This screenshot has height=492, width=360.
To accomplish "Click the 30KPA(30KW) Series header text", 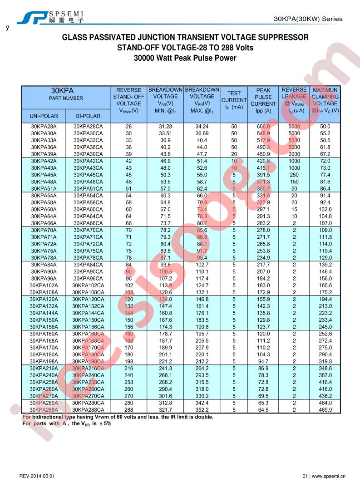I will point(309,19).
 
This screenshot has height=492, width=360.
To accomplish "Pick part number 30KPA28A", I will point(44,127).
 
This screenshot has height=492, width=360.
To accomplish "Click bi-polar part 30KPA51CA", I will point(88,188).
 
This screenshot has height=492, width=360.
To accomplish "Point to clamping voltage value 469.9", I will point(325,409).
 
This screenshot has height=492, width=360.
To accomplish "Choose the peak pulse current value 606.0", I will point(263,127).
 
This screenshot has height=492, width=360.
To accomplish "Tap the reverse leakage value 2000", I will point(294,154).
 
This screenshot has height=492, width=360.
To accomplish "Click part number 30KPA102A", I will point(44,285).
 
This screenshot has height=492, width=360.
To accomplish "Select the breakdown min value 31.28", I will point(165,127).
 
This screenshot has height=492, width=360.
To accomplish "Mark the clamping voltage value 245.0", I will point(325,327).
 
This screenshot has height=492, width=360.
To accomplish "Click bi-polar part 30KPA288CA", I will point(88,409).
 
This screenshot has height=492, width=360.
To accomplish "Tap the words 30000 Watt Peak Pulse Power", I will point(185,58).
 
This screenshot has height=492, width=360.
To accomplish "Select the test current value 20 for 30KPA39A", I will point(234,154).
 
